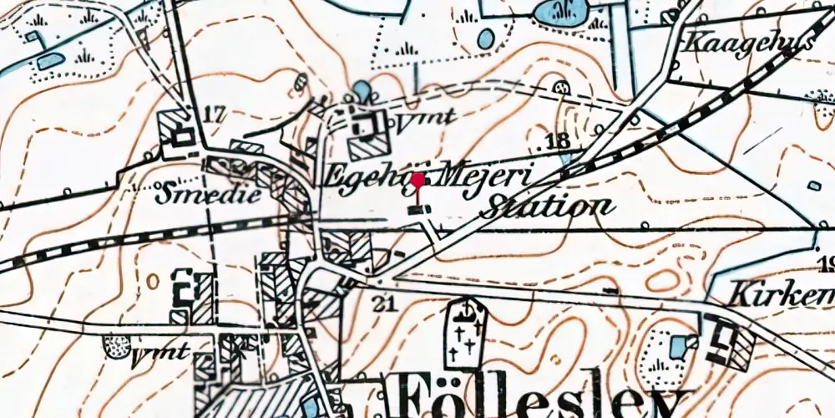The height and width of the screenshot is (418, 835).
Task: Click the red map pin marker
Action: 417,180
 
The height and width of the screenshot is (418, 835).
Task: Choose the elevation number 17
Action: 214,115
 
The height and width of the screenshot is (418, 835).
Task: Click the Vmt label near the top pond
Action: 426,119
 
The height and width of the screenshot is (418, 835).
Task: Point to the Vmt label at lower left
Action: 161,352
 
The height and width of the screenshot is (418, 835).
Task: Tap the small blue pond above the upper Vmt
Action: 362,89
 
